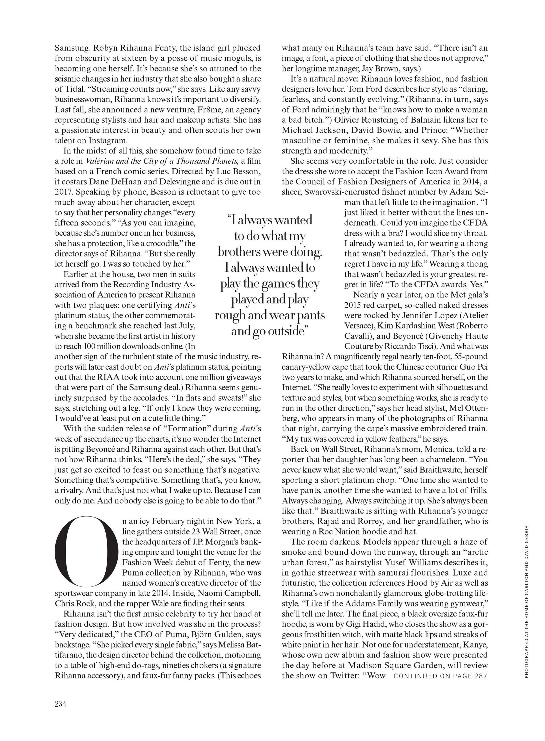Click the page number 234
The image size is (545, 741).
tap(61, 704)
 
